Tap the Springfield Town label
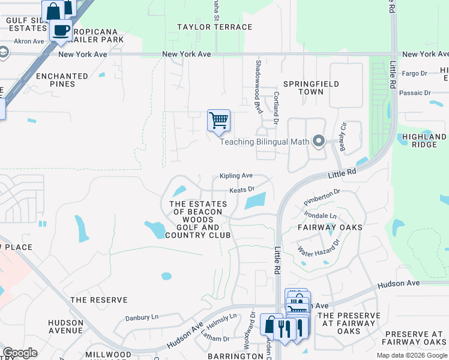311,88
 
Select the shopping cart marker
218,120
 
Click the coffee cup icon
61,30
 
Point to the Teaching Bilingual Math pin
319,142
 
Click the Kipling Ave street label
236,176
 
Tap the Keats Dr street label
243,190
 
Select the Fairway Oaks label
330,227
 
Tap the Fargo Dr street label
414,74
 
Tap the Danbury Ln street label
142,317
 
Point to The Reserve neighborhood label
99,299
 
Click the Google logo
20,353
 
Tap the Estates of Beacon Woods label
199,220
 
